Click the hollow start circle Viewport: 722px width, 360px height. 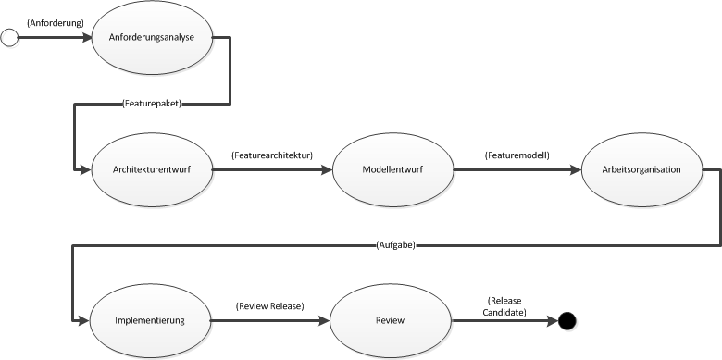tap(9, 38)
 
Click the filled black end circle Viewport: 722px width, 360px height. tap(566, 321)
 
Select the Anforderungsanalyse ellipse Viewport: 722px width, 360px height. tap(153, 38)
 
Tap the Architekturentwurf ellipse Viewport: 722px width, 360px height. tap(153, 170)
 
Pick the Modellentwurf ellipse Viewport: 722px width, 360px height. tap(392, 170)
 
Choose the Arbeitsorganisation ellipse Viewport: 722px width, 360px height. tap(642, 170)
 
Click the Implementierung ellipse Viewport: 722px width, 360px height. tap(150, 321)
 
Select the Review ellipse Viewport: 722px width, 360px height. tap(391, 321)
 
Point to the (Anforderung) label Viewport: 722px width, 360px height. tap(56, 23)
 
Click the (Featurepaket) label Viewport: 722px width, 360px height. tap(152, 104)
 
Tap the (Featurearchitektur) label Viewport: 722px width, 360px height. tap(272, 155)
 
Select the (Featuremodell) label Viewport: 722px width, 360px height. tap(517, 155)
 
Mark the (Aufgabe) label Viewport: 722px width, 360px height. tap(396, 245)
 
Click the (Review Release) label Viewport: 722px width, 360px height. tap(270, 306)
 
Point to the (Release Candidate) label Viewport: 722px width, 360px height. tap(504, 306)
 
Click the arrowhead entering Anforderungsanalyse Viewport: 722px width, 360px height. tap(87, 38)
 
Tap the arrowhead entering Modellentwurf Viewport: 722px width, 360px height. tap(327, 170)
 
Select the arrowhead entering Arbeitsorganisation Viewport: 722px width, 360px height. tap(577, 170)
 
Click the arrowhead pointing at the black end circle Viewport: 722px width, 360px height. tap(553, 321)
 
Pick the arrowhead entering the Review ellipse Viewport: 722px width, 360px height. tap(325, 321)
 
